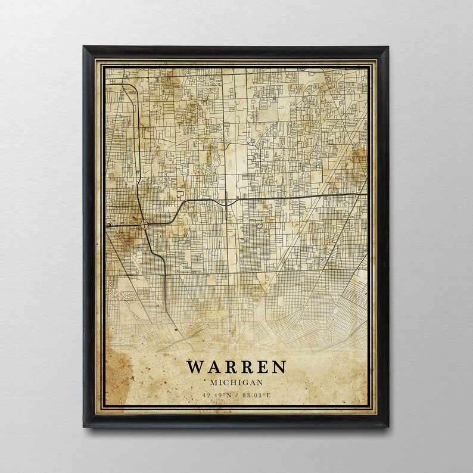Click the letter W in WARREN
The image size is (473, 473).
tap(197, 367)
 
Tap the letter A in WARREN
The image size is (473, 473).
tap(214, 367)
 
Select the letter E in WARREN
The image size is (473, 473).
tap(261, 367)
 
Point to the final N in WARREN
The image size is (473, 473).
tap(278, 367)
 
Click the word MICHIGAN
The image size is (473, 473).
tap(236, 382)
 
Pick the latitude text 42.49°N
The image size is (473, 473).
tap(216, 394)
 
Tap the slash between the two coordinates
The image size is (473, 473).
tap(236, 394)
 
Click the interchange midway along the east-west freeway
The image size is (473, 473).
tap(233, 201)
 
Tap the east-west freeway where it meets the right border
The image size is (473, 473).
tap(366, 194)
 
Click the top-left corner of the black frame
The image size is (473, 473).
tap(84, 47)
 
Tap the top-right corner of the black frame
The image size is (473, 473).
tap(388, 47)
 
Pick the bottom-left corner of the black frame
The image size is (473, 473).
tap(84, 427)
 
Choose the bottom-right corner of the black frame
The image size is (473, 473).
tap(388, 427)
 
